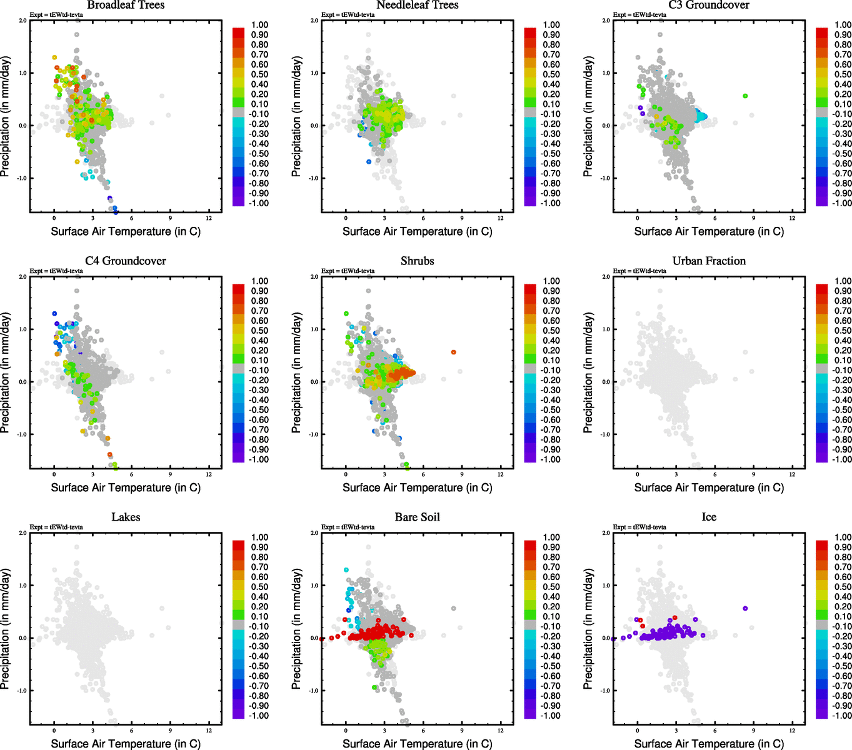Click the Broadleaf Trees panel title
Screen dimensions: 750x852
click(x=126, y=5)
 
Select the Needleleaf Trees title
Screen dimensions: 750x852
click(x=417, y=5)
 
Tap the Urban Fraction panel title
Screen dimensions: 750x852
click(x=709, y=261)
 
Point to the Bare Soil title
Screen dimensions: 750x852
click(x=417, y=517)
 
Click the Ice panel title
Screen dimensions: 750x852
click(x=709, y=517)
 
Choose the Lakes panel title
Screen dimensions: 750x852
click(x=126, y=517)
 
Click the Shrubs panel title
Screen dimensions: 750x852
click(x=417, y=261)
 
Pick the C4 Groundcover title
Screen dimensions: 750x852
click(x=126, y=261)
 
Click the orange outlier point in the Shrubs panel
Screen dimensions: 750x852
click(x=454, y=352)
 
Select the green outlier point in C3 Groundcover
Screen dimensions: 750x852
click(x=745, y=96)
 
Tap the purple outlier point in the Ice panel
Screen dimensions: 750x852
click(x=745, y=608)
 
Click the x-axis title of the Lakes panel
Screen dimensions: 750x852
click(x=126, y=744)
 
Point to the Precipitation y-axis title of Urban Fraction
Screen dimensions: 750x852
click(x=588, y=373)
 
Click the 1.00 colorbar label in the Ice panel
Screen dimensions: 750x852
click(x=843, y=537)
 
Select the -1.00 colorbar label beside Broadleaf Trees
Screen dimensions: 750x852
click(x=259, y=203)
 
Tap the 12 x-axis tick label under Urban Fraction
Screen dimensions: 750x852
click(x=792, y=474)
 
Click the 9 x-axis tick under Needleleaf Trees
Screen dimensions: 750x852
click(x=462, y=218)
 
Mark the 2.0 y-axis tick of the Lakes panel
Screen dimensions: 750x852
click(x=23, y=533)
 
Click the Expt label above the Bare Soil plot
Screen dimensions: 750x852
click(x=348, y=527)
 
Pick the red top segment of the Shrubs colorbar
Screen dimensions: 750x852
click(x=530, y=289)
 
